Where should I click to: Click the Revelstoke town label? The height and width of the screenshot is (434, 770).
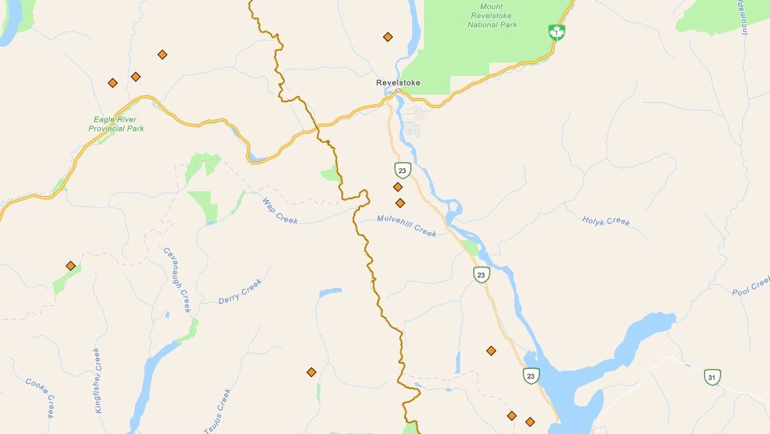tap(398, 83)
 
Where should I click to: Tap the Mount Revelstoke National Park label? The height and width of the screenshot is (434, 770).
tap(491, 15)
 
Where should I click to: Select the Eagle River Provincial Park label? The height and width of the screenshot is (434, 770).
tap(116, 124)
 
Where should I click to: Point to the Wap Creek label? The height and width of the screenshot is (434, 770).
tap(279, 211)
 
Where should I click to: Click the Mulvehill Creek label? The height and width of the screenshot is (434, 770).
tap(407, 225)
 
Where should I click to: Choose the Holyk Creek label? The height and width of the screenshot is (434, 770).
tap(606, 221)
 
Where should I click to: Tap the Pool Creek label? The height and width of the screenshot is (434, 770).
tap(751, 286)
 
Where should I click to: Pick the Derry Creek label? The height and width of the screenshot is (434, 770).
tap(240, 290)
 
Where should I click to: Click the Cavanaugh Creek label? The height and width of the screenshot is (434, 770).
tap(177, 280)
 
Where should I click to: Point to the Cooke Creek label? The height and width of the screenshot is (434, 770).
tap(40, 397)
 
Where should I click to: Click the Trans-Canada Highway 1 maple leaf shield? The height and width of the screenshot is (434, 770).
tap(556, 32)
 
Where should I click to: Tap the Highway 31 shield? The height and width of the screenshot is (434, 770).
tap(712, 377)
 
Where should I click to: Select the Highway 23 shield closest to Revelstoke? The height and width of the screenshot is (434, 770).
tap(402, 170)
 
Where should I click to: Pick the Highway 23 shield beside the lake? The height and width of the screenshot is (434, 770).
tap(531, 376)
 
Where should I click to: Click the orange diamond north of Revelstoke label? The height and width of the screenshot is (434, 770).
tap(388, 37)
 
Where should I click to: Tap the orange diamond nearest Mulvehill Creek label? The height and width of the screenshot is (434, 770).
tap(400, 203)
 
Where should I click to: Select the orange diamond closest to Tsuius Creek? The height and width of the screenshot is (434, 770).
tap(311, 372)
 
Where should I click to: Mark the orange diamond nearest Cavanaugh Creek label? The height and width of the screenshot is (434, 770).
tap(70, 266)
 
